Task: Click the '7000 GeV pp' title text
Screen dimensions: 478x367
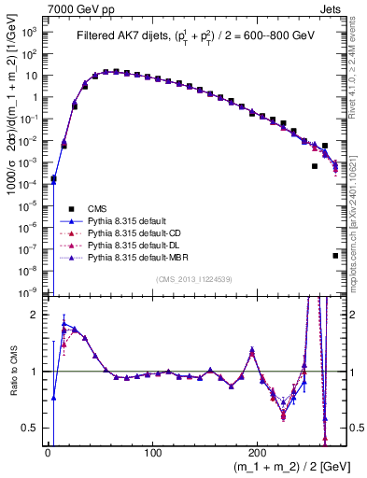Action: click(76, 7)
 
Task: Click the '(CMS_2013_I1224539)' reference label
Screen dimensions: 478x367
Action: click(194, 278)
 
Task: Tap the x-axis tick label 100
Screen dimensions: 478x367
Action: click(153, 451)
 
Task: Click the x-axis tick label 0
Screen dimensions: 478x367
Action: click(48, 451)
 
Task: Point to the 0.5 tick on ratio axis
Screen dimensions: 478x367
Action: click(30, 428)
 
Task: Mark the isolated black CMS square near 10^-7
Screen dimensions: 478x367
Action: click(335, 255)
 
